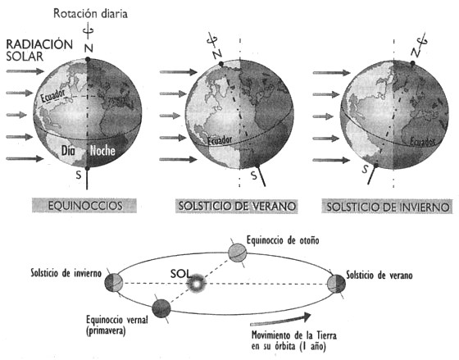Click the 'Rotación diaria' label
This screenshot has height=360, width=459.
point(90,13)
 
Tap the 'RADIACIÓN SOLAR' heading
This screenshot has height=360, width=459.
point(39,50)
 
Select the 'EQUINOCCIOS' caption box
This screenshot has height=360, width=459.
point(84,206)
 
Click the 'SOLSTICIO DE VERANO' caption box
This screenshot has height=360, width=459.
point(237,206)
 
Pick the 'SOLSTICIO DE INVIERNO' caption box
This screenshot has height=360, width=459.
point(387,207)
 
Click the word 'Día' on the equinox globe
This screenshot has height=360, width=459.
point(68,151)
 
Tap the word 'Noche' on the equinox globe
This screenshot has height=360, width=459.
point(102,151)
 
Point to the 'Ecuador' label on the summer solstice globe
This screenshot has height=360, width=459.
point(220,140)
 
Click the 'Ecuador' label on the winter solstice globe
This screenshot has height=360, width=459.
point(422,142)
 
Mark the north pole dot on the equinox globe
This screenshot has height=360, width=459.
point(88,60)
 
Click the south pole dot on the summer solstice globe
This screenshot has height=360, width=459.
point(257,166)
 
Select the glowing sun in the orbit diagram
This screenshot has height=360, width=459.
point(197,283)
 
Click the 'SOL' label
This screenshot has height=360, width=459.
point(180,274)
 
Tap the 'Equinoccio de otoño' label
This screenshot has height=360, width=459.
point(283,240)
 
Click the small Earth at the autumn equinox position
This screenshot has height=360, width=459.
point(238,253)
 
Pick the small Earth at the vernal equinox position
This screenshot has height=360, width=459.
point(161,308)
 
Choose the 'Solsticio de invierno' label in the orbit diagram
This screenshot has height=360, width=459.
point(66,273)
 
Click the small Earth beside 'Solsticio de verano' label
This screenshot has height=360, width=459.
point(336,284)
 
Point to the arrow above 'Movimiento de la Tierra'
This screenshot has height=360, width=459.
point(280,320)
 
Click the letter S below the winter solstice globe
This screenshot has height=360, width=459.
point(366,169)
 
